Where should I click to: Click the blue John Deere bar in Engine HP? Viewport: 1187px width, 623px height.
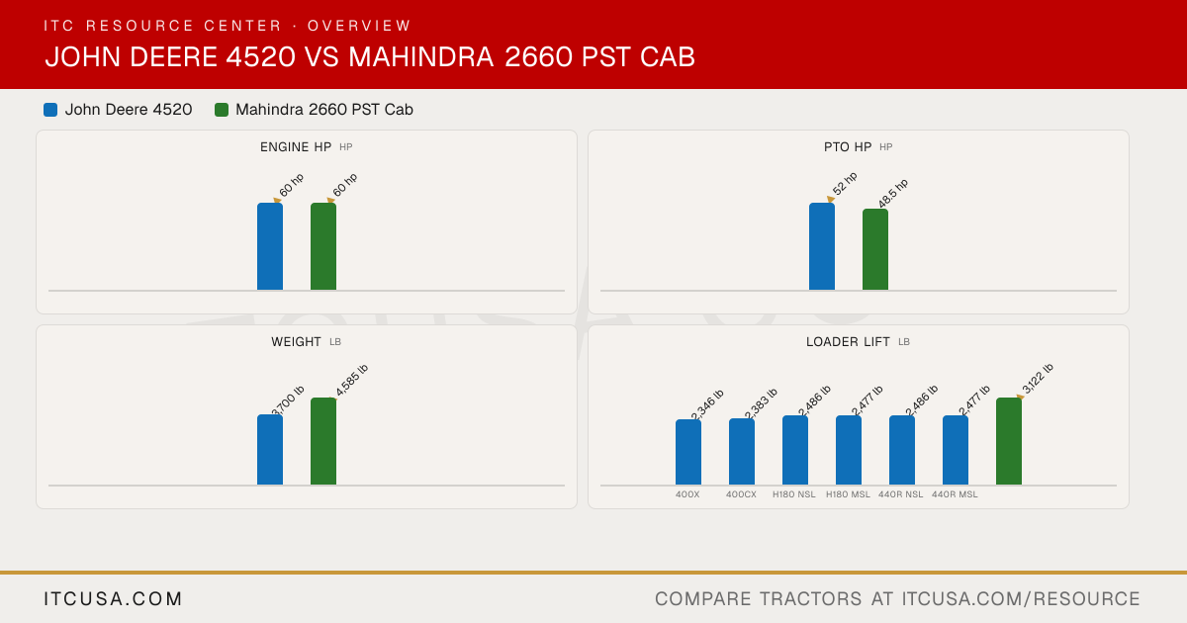pos(270,246)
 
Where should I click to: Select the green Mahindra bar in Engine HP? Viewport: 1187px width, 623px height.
pos(323,246)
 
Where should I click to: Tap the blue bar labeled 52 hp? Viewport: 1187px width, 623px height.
pos(822,246)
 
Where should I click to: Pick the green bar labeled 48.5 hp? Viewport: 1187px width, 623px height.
pos(875,249)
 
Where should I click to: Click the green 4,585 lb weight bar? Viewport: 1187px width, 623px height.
pos(323,441)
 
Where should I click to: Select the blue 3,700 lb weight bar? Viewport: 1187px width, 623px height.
pos(270,450)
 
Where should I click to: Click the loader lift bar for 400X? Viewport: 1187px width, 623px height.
pos(688,453)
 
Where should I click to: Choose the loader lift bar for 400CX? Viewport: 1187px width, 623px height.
pos(742,452)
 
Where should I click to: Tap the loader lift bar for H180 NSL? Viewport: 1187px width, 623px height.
pos(795,450)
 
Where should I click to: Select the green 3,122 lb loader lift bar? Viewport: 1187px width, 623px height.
pos(1009,441)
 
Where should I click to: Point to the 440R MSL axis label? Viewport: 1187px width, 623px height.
pos(955,494)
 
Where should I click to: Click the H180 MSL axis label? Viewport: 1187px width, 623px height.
pos(848,494)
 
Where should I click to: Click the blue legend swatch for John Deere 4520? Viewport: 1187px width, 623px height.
pos(50,110)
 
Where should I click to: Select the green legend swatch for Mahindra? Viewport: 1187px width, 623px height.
pos(222,110)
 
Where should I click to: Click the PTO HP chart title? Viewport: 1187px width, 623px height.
pos(848,147)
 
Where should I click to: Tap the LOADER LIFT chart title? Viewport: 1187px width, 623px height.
pos(848,342)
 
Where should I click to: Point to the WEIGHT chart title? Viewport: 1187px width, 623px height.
pos(296,342)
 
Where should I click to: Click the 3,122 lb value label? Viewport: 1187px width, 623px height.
pos(1038,379)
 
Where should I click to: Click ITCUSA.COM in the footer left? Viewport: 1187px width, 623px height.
pos(113,598)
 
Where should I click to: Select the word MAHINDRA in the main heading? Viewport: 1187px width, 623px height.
pos(420,56)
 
